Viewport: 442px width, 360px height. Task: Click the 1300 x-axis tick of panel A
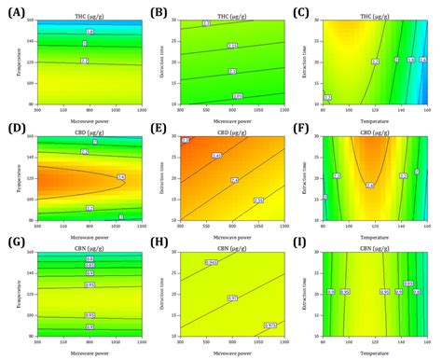141,107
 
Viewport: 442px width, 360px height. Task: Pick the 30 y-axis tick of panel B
177,18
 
